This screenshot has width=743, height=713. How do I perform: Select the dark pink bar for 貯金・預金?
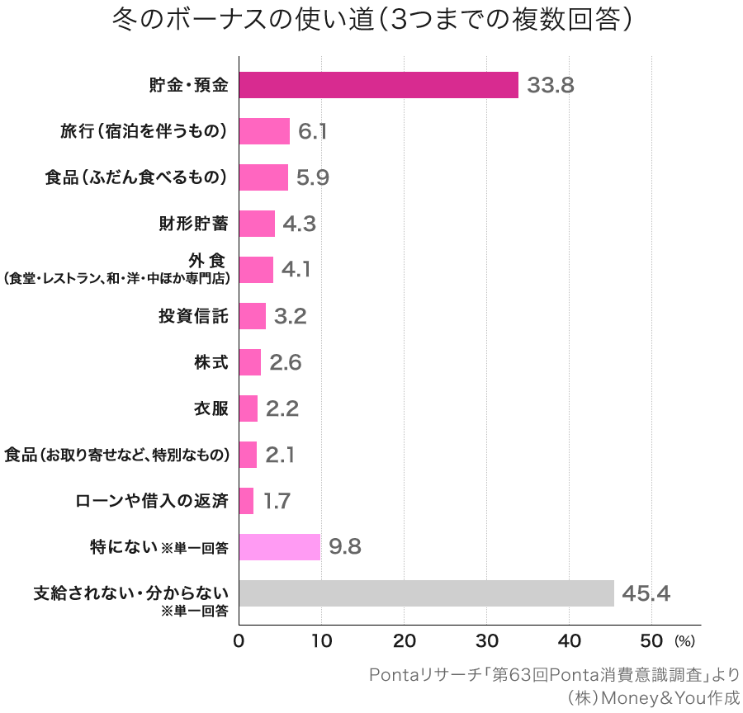378,85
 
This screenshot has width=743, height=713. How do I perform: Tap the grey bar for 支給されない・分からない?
426,593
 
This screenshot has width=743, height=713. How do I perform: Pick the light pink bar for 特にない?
279,547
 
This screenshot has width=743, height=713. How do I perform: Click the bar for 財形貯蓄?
257,224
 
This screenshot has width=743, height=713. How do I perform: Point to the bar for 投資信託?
252,316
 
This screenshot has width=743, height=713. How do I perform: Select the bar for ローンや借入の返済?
246,501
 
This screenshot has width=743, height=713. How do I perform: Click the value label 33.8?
550,85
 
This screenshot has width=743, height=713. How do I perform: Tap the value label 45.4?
646,593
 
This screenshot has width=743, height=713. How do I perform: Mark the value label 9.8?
345,547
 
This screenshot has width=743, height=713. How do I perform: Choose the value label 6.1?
313,131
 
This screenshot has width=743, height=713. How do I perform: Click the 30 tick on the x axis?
487,641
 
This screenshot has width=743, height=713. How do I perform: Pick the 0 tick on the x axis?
239,641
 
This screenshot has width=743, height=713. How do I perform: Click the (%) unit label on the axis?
685,641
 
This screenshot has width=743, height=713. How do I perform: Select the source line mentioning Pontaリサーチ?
554,674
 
